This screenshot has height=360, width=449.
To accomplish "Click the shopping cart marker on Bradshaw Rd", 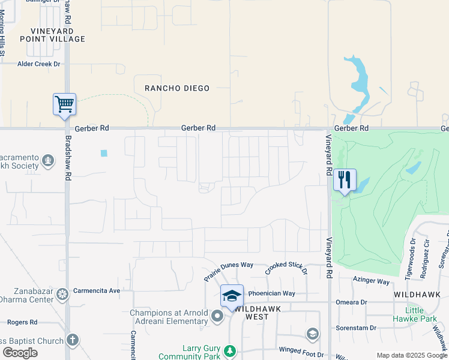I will pyautogui.click(x=64, y=104).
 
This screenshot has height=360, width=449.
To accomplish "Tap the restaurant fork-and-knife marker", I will pyautogui.click(x=345, y=179).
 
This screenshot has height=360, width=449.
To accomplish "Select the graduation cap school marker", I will pyautogui.click(x=232, y=296).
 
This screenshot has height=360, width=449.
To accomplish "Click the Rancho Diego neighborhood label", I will pyautogui.click(x=178, y=88).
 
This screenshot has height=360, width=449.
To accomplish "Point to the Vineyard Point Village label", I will pyautogui.click(x=52, y=34).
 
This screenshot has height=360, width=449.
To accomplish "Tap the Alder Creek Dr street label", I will pyautogui.click(x=39, y=64).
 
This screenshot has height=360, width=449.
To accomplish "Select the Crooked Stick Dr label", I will pyautogui.click(x=287, y=268).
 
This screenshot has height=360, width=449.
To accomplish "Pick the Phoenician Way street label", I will pyautogui.click(x=272, y=293).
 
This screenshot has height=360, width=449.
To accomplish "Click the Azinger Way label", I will pyautogui.click(x=372, y=280).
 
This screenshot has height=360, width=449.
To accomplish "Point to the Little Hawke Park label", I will pyautogui.click(x=415, y=314).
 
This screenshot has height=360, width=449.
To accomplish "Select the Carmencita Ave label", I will pyautogui.click(x=97, y=290).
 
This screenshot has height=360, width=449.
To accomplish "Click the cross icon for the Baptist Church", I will pyautogui.click(x=71, y=340).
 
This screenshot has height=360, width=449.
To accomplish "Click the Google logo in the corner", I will pyautogui.click(x=20, y=353).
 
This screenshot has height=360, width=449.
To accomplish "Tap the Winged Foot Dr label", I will pyautogui.click(x=301, y=349).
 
